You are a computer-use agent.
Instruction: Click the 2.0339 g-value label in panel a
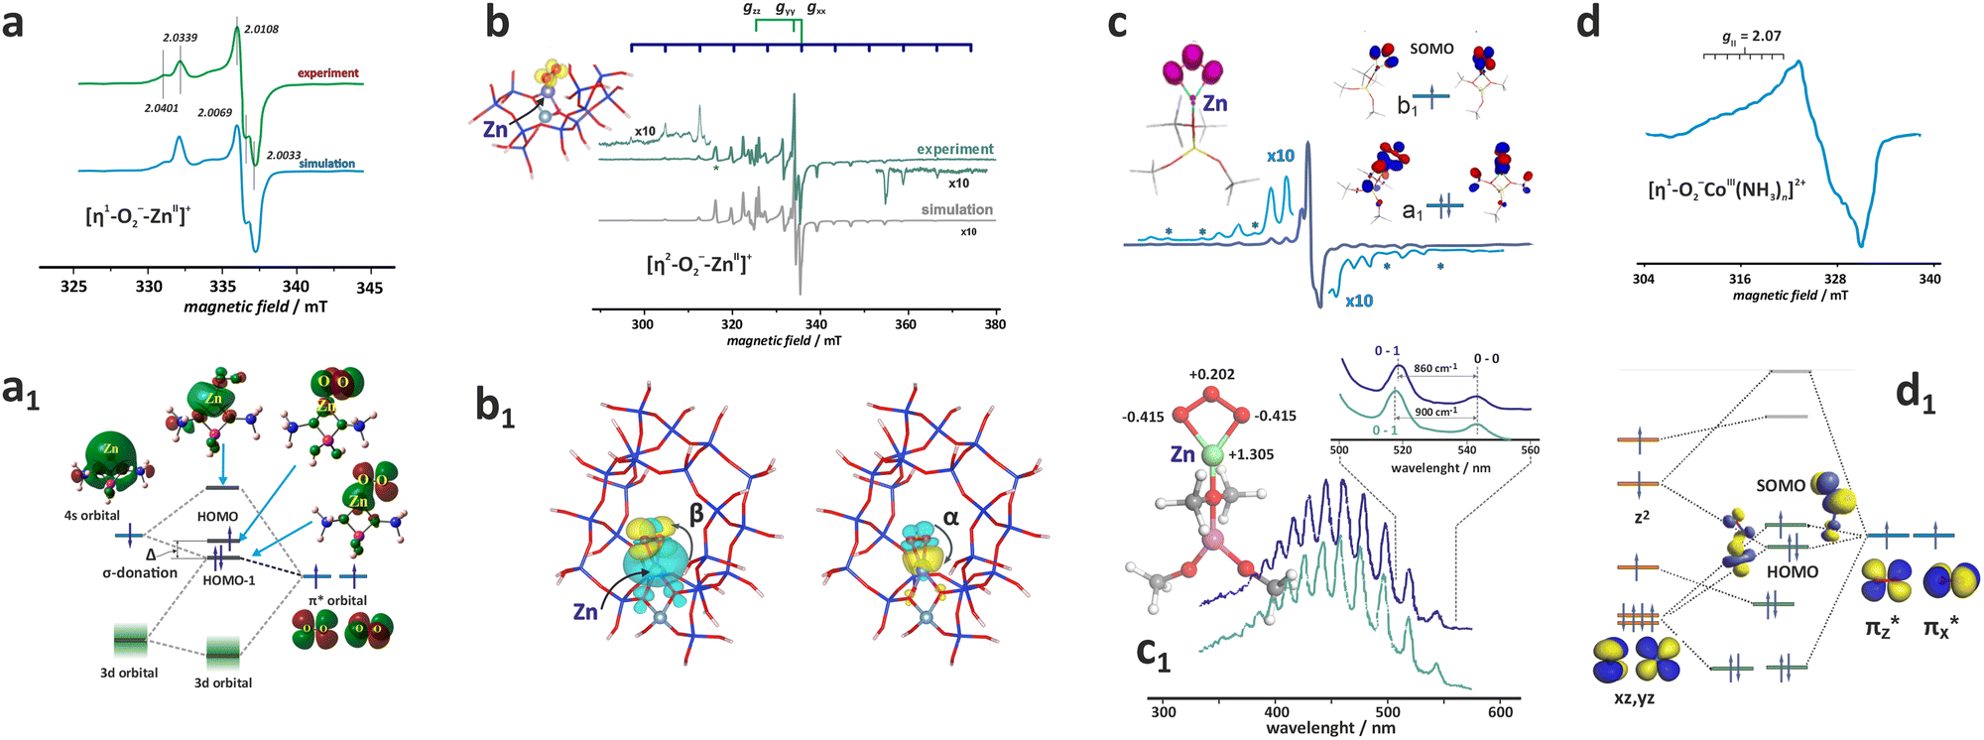(181, 38)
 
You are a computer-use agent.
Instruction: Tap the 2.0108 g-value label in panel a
(261, 29)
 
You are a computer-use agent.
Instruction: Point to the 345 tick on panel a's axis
(369, 287)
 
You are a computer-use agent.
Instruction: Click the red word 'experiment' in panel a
(328, 73)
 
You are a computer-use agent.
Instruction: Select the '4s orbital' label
(92, 515)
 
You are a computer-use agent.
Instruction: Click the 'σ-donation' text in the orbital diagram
(140, 572)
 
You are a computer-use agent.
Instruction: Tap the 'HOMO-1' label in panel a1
(229, 580)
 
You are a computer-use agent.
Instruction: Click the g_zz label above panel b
(752, 9)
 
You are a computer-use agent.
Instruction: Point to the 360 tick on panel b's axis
(906, 324)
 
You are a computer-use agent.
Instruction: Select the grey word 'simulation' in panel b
(956, 209)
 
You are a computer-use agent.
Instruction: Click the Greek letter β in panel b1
(696, 513)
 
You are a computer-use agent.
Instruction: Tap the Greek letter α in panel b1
(950, 517)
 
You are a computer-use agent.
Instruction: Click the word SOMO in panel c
(1431, 49)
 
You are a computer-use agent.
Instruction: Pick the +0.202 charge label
(1211, 374)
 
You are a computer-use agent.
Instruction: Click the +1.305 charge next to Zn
(1252, 454)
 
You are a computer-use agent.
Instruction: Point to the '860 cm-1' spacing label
(1435, 368)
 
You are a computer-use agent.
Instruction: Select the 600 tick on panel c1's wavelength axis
(1501, 711)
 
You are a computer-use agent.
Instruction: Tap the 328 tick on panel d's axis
(1835, 279)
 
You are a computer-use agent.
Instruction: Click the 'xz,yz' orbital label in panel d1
(1634, 698)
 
